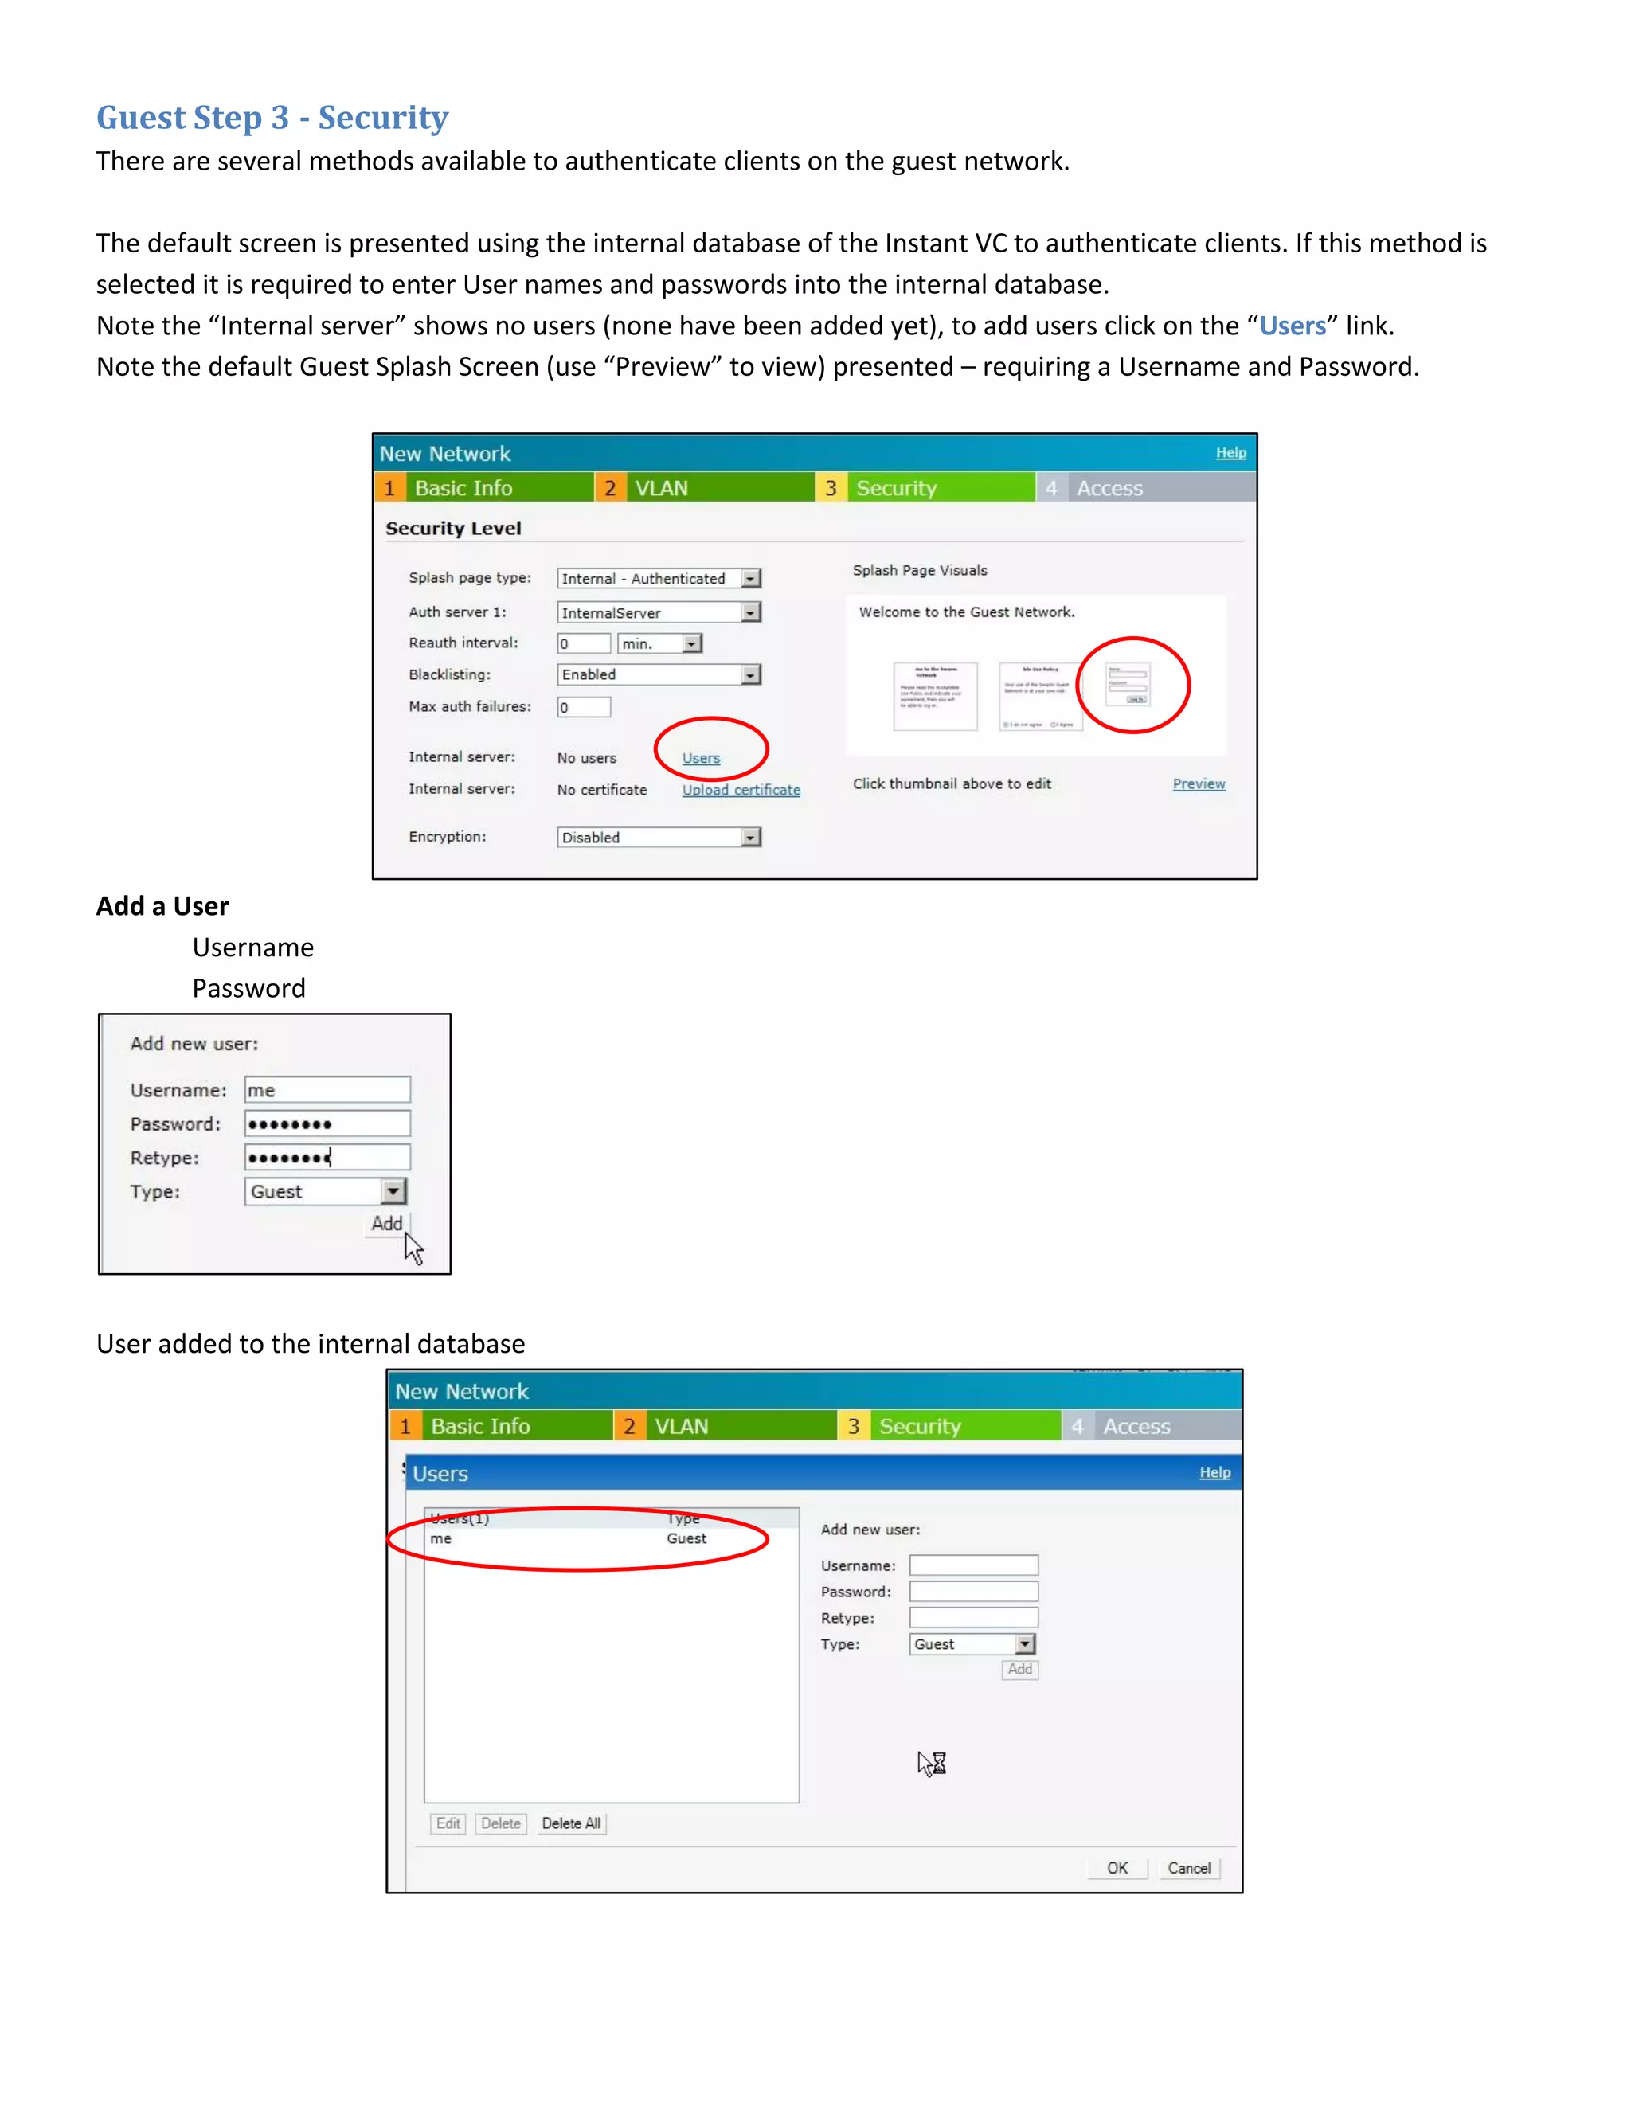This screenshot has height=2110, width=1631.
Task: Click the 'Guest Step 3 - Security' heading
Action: (272, 118)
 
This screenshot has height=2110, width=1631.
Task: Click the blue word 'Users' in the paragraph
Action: (1292, 326)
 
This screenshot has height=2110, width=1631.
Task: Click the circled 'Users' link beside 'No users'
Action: (701, 758)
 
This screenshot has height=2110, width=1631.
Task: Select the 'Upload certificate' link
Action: (741, 791)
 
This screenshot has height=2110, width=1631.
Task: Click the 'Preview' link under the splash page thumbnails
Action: (1198, 784)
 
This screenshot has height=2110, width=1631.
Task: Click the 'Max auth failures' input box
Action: (584, 707)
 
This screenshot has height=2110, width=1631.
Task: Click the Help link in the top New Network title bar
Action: (1230, 453)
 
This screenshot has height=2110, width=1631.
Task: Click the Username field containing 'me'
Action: (327, 1091)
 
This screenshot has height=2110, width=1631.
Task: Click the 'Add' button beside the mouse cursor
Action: (386, 1224)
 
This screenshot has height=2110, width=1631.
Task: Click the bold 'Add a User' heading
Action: (162, 906)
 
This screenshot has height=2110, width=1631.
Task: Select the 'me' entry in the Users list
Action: (441, 1539)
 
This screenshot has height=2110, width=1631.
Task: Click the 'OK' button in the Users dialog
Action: (1117, 1869)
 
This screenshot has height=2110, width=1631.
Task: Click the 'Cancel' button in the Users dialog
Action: (1188, 1869)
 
